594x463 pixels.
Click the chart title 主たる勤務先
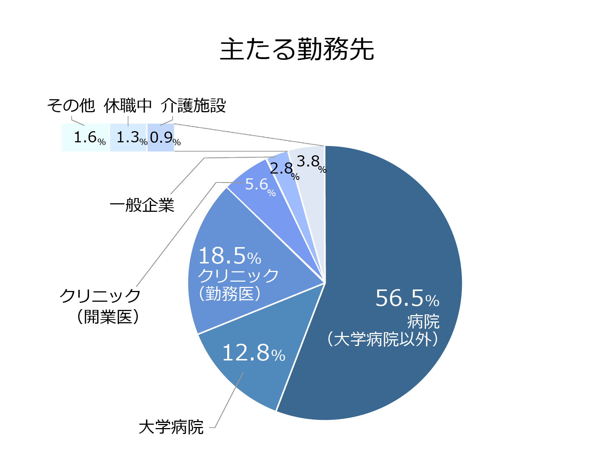(x=297, y=49)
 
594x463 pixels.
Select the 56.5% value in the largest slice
(x=407, y=298)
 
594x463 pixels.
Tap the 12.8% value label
(x=253, y=353)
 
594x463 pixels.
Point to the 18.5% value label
(x=229, y=256)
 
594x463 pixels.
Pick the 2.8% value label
(x=284, y=170)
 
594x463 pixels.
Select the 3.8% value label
(x=310, y=162)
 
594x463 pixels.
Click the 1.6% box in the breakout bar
(x=86, y=138)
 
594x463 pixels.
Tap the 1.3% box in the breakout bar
(x=128, y=138)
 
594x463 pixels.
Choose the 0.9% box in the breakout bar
(x=161, y=138)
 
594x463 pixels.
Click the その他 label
(x=71, y=106)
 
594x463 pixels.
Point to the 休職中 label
(x=128, y=106)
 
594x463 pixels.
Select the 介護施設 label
(x=193, y=106)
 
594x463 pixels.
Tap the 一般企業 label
(x=142, y=205)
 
